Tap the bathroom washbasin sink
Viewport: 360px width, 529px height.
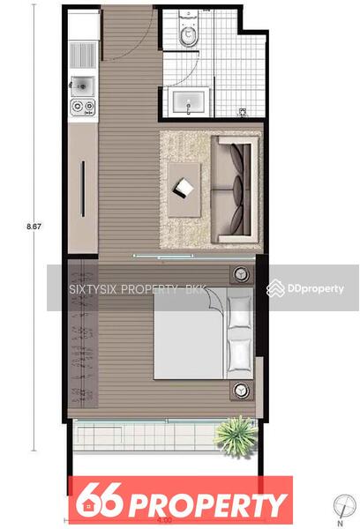click(x=188, y=101)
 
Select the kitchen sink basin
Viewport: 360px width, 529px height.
click(x=82, y=86)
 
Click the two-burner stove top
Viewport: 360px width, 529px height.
click(x=83, y=107)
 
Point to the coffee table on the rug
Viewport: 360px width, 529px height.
click(x=184, y=190)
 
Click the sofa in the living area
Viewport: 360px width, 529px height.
click(x=235, y=190)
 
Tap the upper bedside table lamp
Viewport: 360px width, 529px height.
click(x=241, y=274)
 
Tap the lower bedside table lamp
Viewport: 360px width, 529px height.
click(x=241, y=391)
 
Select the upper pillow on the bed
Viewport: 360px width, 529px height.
click(x=239, y=312)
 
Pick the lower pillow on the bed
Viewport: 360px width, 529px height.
click(x=239, y=355)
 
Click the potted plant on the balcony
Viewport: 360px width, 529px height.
click(x=236, y=436)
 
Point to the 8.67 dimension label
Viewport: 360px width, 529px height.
click(x=34, y=227)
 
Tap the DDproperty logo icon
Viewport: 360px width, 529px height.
click(x=275, y=288)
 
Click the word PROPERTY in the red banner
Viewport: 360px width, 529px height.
click(x=207, y=505)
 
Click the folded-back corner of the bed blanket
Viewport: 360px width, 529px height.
click(x=214, y=298)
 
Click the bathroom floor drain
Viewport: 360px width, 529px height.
click(x=243, y=112)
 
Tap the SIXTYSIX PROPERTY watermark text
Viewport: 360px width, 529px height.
click(x=136, y=289)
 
